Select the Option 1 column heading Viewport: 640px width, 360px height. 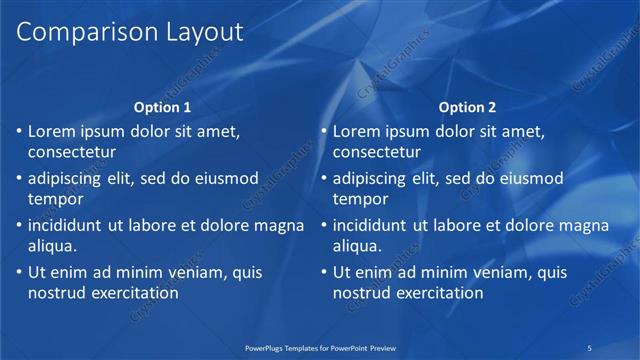161,107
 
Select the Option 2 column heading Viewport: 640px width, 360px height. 466,107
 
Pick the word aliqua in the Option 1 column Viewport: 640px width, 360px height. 52,246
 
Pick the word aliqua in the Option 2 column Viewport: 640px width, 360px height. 357,246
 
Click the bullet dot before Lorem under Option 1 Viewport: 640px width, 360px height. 18,131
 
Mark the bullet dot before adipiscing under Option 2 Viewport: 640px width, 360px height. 323,178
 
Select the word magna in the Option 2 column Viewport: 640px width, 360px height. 583,225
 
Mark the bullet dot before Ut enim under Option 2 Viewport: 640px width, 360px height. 323,272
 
